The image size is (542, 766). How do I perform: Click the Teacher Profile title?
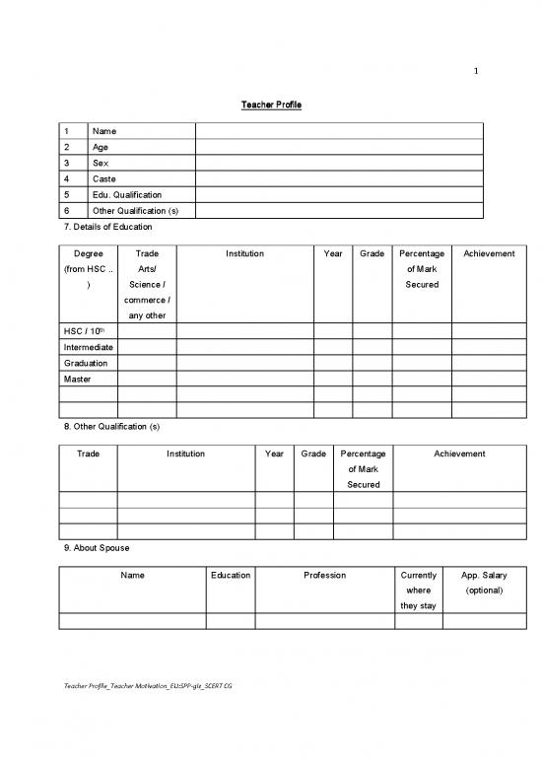click(270, 104)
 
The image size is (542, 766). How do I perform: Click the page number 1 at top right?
click(476, 69)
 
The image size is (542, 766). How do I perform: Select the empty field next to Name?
click(339, 131)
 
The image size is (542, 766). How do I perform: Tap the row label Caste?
click(103, 179)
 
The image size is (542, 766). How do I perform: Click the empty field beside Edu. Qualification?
click(339, 195)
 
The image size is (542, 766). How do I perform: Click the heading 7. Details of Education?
click(107, 227)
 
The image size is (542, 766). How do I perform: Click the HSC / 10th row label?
click(84, 330)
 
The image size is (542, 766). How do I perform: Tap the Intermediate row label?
click(88, 347)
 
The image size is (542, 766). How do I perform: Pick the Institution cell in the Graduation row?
click(244, 363)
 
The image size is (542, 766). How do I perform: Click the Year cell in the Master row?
click(333, 379)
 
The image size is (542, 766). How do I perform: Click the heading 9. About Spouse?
click(95, 547)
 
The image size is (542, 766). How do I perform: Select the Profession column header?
click(324, 575)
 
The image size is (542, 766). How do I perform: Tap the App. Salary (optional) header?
click(483, 583)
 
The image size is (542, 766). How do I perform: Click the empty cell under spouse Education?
click(231, 620)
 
